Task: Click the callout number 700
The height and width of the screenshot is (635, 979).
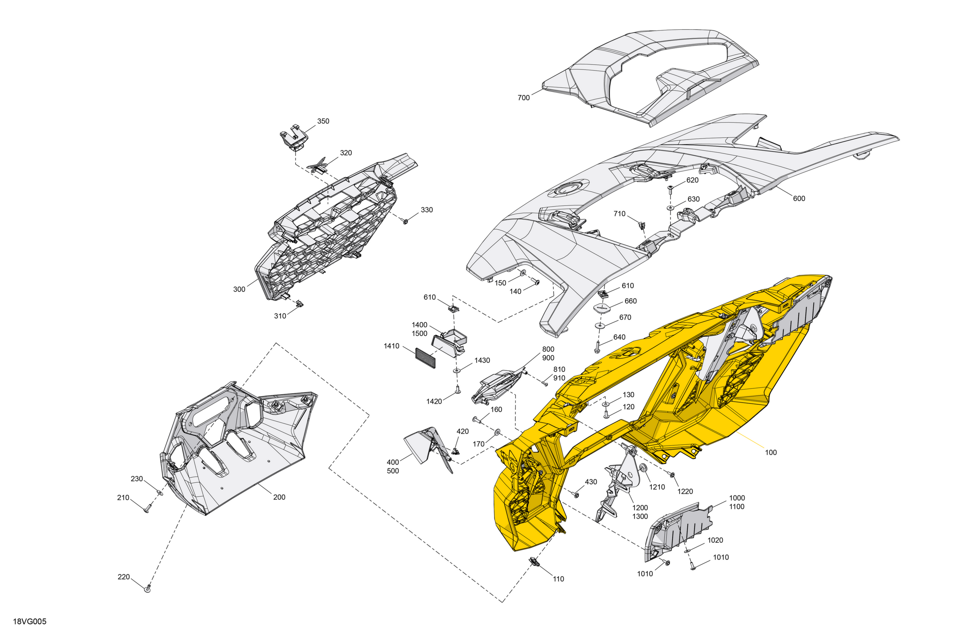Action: tap(524, 98)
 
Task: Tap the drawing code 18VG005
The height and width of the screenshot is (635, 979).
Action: tap(30, 621)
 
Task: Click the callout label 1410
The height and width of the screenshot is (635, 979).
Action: tap(392, 346)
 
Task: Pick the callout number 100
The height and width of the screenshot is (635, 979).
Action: tap(771, 452)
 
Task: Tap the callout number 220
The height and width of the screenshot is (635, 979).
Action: tap(124, 577)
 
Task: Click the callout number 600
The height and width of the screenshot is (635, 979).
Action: tap(799, 198)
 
